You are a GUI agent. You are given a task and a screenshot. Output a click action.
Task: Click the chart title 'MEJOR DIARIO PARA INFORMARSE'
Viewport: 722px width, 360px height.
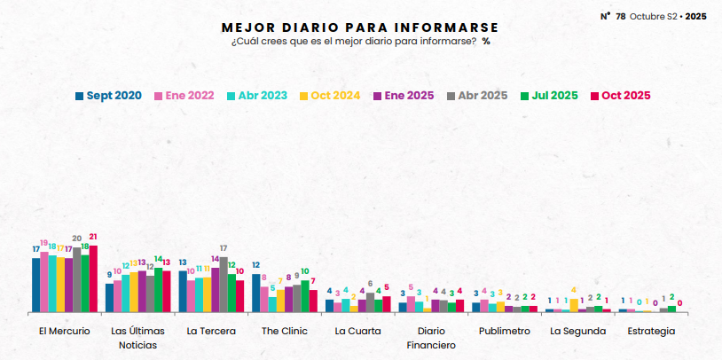(359, 27)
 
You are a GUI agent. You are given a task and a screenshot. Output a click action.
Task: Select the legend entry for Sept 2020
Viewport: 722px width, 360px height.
(108, 96)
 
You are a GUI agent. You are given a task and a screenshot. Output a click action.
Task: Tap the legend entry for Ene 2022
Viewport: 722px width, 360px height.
(184, 96)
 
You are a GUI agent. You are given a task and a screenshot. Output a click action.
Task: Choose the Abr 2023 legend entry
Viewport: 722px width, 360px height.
(257, 96)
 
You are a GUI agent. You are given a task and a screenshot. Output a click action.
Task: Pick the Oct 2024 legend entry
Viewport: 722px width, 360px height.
(330, 96)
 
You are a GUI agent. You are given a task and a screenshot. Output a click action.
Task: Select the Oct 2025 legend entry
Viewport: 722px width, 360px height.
(621, 96)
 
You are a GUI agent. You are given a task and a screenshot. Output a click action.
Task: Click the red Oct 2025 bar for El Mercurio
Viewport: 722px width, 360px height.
(93, 278)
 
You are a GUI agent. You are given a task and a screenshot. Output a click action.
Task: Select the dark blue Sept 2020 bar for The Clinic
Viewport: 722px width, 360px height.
(255, 293)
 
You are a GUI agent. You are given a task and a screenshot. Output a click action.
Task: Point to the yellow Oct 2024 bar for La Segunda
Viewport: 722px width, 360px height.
(574, 305)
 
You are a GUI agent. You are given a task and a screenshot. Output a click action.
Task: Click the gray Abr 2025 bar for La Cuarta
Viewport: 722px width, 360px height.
(370, 302)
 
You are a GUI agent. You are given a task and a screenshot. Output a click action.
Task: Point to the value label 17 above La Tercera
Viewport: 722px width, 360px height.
(224, 248)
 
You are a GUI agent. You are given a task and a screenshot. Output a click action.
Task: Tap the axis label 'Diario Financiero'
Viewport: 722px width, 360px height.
(431, 338)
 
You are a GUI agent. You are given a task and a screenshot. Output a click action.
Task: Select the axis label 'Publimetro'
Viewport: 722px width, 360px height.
(504, 331)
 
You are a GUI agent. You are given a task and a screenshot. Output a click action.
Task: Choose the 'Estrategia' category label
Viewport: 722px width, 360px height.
(650, 331)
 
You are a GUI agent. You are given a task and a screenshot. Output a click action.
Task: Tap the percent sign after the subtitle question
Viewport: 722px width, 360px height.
(486, 42)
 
